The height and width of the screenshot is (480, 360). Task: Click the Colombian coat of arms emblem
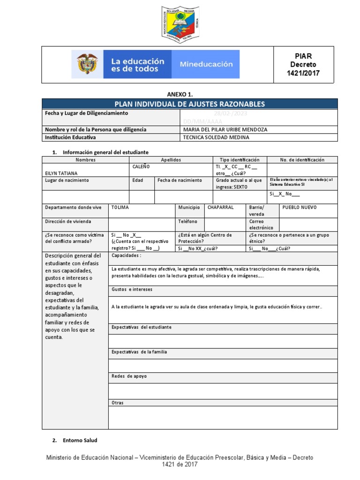pyautogui.click(x=88, y=64)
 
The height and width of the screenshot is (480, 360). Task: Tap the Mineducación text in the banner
pyautogui.click(x=206, y=64)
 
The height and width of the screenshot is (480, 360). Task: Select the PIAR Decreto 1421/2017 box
pyautogui.click(x=303, y=64)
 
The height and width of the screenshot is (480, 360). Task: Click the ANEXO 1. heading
pyautogui.click(x=180, y=94)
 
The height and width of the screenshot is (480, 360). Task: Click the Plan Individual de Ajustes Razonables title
pyautogui.click(x=190, y=104)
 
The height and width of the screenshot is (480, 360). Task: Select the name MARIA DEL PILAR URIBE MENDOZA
pyautogui.click(x=225, y=129)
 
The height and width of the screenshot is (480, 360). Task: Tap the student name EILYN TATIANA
pyautogui.click(x=61, y=173)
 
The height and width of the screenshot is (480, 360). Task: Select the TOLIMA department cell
pyautogui.click(x=120, y=207)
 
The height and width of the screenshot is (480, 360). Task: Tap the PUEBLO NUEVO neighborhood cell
pyautogui.click(x=300, y=207)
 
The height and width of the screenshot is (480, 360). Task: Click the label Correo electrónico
pyautogui.click(x=261, y=225)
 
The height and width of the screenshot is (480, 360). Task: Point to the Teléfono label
pyautogui.click(x=187, y=221)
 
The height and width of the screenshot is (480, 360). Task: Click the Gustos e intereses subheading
pyautogui.click(x=132, y=290)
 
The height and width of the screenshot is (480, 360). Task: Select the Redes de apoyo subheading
pyautogui.click(x=129, y=376)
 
